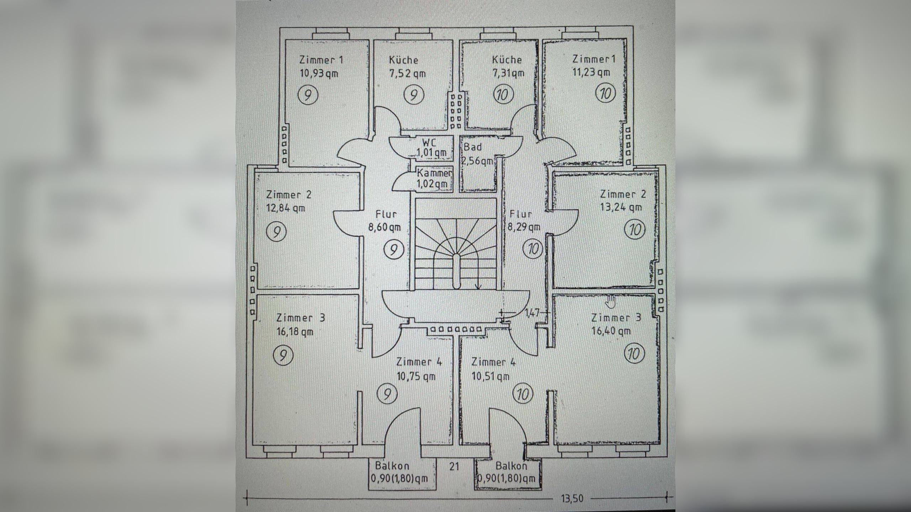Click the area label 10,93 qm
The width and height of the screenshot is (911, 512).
[x=319, y=74]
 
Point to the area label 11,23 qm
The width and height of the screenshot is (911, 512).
[x=591, y=73]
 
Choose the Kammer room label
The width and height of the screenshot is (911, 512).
[x=434, y=174]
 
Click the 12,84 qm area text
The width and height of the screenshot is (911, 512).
[x=286, y=208]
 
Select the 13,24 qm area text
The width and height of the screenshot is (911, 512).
[x=621, y=207]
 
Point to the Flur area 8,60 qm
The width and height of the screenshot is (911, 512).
[x=385, y=227]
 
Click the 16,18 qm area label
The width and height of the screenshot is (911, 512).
[x=295, y=332]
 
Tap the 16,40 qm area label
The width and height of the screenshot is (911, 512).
[x=611, y=331]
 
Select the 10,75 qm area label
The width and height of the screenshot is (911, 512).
[x=416, y=376]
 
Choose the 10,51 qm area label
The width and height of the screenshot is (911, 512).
[x=490, y=376]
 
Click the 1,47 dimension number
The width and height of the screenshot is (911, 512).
[x=532, y=313]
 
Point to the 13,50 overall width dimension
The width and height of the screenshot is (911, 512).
[x=573, y=498]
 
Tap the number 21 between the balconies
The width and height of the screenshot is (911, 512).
[x=454, y=466]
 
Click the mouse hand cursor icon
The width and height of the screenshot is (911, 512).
[x=611, y=302]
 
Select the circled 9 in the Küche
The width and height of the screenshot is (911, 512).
[x=414, y=95]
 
